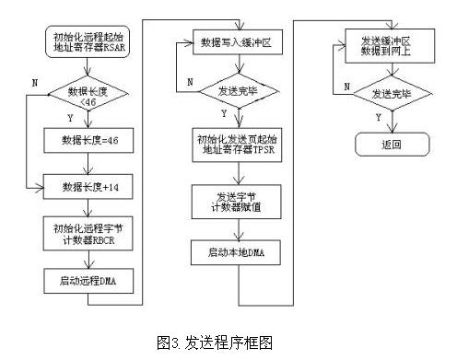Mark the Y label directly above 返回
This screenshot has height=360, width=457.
(377, 118)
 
